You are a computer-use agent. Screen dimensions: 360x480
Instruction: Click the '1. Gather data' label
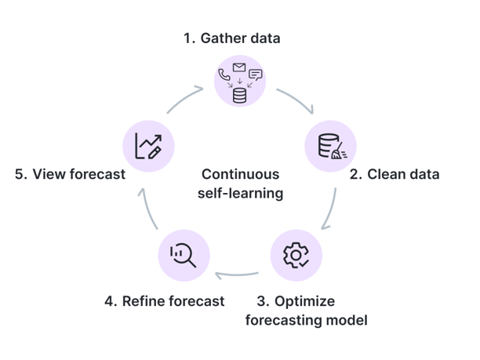(x=231, y=38)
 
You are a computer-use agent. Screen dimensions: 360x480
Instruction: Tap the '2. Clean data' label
(x=394, y=174)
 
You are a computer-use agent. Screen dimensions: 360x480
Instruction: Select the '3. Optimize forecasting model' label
(x=306, y=311)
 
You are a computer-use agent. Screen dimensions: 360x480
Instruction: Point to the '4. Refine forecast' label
(x=164, y=301)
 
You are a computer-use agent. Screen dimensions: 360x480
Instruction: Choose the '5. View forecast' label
(x=70, y=174)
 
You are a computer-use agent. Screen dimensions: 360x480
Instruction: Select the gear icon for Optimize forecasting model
(x=296, y=254)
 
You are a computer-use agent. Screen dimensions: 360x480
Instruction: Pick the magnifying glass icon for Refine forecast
(x=184, y=254)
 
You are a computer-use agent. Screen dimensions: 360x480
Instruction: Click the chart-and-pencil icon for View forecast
(x=148, y=146)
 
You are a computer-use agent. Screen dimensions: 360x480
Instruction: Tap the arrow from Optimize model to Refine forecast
(x=238, y=275)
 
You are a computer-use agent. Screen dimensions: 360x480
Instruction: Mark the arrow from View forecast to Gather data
(x=185, y=100)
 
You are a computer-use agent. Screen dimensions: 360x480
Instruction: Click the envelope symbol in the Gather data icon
(x=239, y=67)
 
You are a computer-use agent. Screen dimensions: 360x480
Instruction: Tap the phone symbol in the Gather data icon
(x=224, y=75)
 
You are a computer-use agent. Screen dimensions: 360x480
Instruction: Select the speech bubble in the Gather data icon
(x=256, y=75)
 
